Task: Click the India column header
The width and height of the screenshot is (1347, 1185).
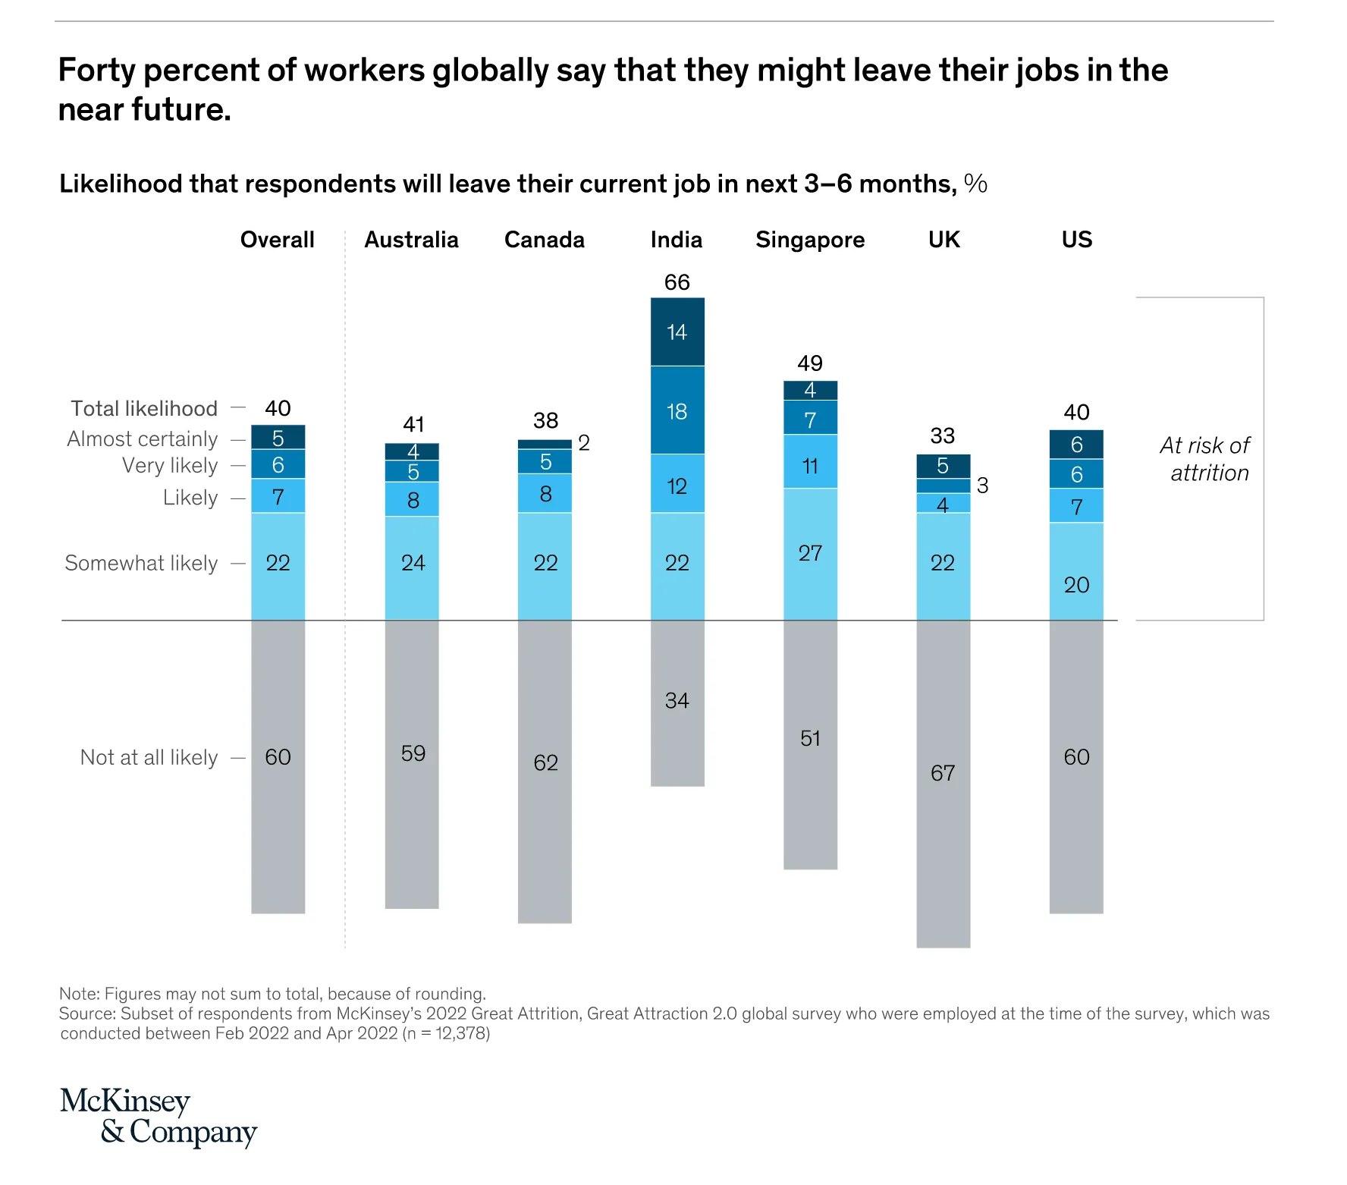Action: click(x=676, y=240)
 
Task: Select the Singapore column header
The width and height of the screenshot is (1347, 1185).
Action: click(x=809, y=240)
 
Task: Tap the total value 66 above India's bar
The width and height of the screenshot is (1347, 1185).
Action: click(x=677, y=282)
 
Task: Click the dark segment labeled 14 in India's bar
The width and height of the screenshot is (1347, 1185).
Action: click(x=677, y=332)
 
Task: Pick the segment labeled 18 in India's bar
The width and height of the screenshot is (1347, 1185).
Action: click(x=677, y=411)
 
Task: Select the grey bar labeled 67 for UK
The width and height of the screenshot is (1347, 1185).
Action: click(x=943, y=781)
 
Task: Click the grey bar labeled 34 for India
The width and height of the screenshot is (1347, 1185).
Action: click(x=677, y=702)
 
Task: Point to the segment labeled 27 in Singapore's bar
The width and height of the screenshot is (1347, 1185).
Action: click(x=810, y=554)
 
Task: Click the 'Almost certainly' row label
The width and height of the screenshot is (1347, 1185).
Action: click(x=143, y=438)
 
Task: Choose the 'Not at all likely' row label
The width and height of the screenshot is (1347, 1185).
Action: click(x=149, y=757)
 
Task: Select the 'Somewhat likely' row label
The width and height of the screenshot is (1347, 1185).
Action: click(x=141, y=563)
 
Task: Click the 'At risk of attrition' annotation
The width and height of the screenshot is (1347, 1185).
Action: click(x=1206, y=459)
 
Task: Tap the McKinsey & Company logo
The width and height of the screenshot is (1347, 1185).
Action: click(x=159, y=1116)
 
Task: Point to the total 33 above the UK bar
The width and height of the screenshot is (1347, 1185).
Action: click(x=942, y=435)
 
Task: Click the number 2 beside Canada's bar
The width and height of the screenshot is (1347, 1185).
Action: click(x=583, y=443)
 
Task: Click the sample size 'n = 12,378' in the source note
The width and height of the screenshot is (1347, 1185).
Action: click(x=445, y=1033)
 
